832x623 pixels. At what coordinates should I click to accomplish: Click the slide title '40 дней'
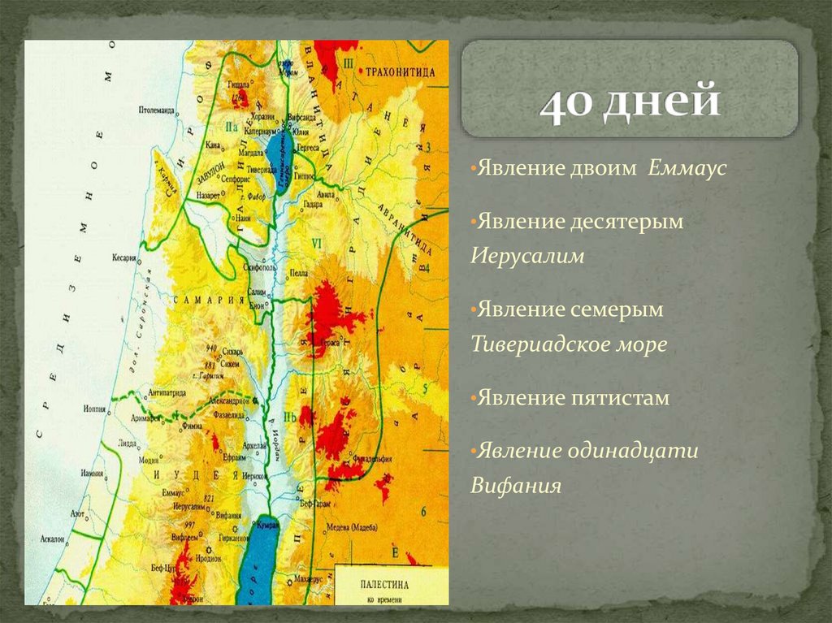coord(630,104)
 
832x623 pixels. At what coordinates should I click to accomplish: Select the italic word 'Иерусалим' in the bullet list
coord(527,255)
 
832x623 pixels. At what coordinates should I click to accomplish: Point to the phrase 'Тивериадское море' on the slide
coord(569,344)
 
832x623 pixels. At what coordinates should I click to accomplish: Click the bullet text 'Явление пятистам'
coord(573,398)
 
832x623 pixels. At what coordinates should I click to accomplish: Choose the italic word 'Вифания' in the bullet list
coord(516,486)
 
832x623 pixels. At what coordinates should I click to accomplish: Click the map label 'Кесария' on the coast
coord(124,257)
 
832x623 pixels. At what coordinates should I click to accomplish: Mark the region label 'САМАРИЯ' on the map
coord(208,300)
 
